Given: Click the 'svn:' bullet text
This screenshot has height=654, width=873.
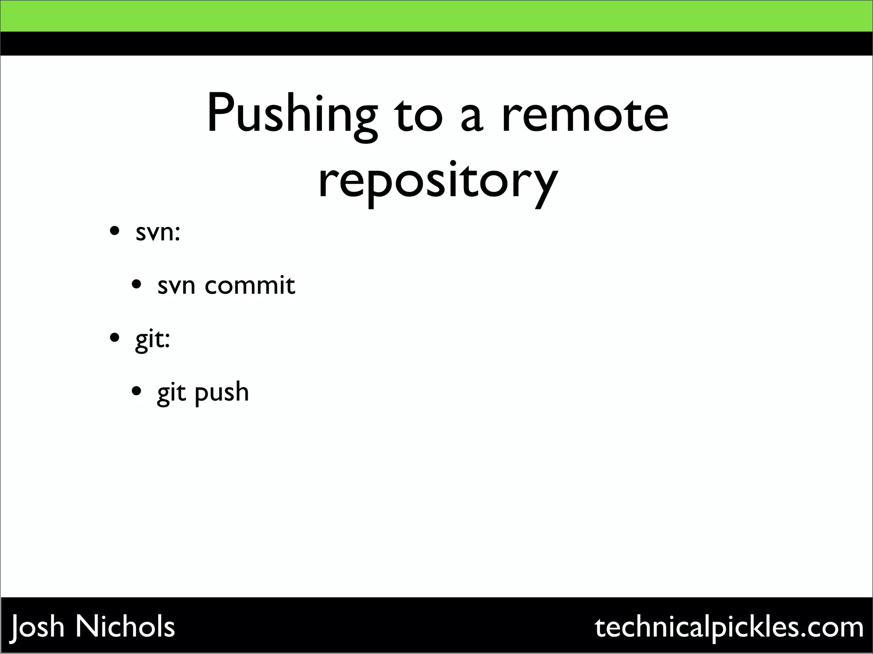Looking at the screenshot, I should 158,232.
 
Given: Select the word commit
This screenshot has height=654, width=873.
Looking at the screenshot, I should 250,285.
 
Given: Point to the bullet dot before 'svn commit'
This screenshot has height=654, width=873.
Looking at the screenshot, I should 136,284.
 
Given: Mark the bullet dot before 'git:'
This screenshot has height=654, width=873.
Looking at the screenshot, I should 114,338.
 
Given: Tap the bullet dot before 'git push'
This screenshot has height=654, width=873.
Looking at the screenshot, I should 136,390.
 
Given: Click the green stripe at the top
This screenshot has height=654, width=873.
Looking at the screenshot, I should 436,16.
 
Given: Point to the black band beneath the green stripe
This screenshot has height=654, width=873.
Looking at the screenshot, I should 436,43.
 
